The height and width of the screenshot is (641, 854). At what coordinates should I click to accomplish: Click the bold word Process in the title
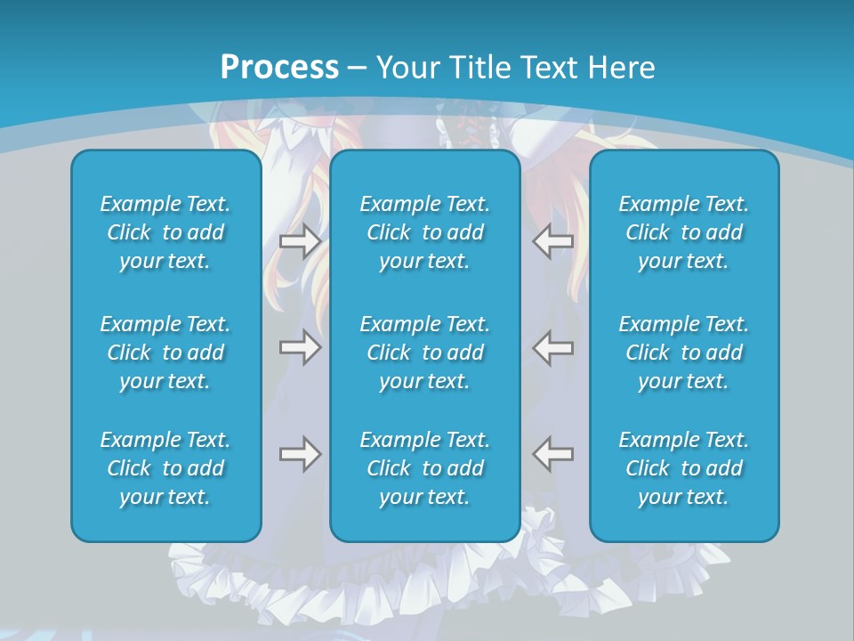(279, 68)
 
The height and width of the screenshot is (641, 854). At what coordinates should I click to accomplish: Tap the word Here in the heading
(622, 68)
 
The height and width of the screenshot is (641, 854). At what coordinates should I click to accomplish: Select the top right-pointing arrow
(300, 241)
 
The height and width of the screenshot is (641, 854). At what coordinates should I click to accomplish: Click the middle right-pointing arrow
(300, 347)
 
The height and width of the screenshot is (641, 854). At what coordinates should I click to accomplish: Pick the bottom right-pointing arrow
(300, 454)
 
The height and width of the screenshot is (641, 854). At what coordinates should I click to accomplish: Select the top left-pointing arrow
(553, 241)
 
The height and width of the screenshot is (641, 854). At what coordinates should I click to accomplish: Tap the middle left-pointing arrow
(553, 347)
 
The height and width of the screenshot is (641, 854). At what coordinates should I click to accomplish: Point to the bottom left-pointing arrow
(553, 454)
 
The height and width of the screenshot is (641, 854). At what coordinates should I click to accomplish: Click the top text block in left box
(165, 232)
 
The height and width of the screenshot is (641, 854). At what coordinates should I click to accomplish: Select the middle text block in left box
(165, 353)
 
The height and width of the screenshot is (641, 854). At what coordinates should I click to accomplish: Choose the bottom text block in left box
(165, 468)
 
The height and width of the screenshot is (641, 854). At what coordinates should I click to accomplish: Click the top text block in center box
(424, 232)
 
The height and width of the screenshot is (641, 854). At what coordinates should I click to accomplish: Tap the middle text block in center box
(424, 353)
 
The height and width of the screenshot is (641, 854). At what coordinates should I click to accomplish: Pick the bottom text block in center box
(424, 468)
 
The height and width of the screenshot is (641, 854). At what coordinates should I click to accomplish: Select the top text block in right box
(683, 232)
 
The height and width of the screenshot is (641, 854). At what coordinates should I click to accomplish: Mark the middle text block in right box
(683, 353)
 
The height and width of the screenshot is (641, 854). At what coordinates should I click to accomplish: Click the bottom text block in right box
(683, 468)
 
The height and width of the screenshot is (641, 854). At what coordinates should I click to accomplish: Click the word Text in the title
(552, 68)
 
